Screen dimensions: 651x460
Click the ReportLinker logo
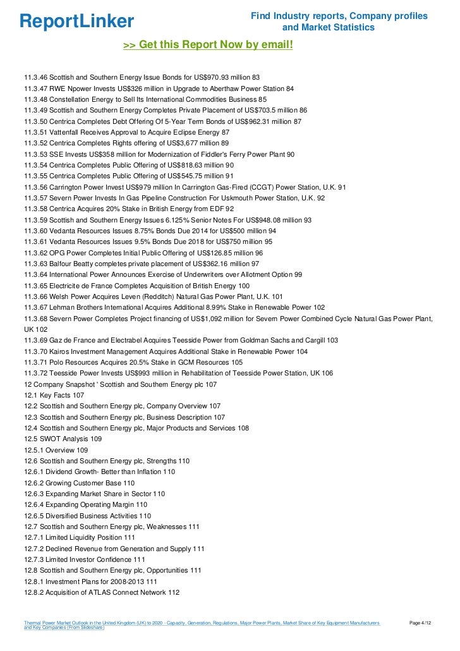click(77, 21)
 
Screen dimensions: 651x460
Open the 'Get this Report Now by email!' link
click(208, 45)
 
